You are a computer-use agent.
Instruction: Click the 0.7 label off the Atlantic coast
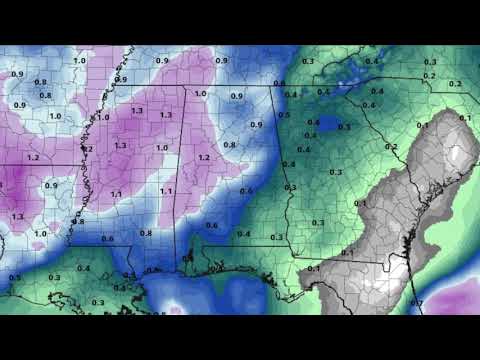point(418,302)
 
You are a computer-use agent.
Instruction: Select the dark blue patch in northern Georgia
point(325,128)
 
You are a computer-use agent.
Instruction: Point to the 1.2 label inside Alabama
point(203,158)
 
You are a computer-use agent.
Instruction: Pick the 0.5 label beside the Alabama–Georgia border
point(284,115)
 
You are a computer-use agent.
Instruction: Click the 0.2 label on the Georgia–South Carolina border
point(391,147)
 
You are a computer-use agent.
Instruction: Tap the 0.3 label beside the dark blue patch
point(344,127)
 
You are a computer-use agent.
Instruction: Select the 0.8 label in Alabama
point(229,145)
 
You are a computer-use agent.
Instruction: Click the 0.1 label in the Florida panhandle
point(313,268)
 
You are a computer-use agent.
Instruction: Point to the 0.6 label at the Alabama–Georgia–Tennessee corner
point(279,83)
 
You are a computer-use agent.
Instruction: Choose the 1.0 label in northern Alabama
point(200,95)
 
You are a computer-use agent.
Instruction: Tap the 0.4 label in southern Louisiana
point(83,268)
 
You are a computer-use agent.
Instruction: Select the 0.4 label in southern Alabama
point(243,234)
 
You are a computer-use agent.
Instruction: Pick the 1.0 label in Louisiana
point(41,233)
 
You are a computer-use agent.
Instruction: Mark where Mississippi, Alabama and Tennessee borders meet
point(183,88)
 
